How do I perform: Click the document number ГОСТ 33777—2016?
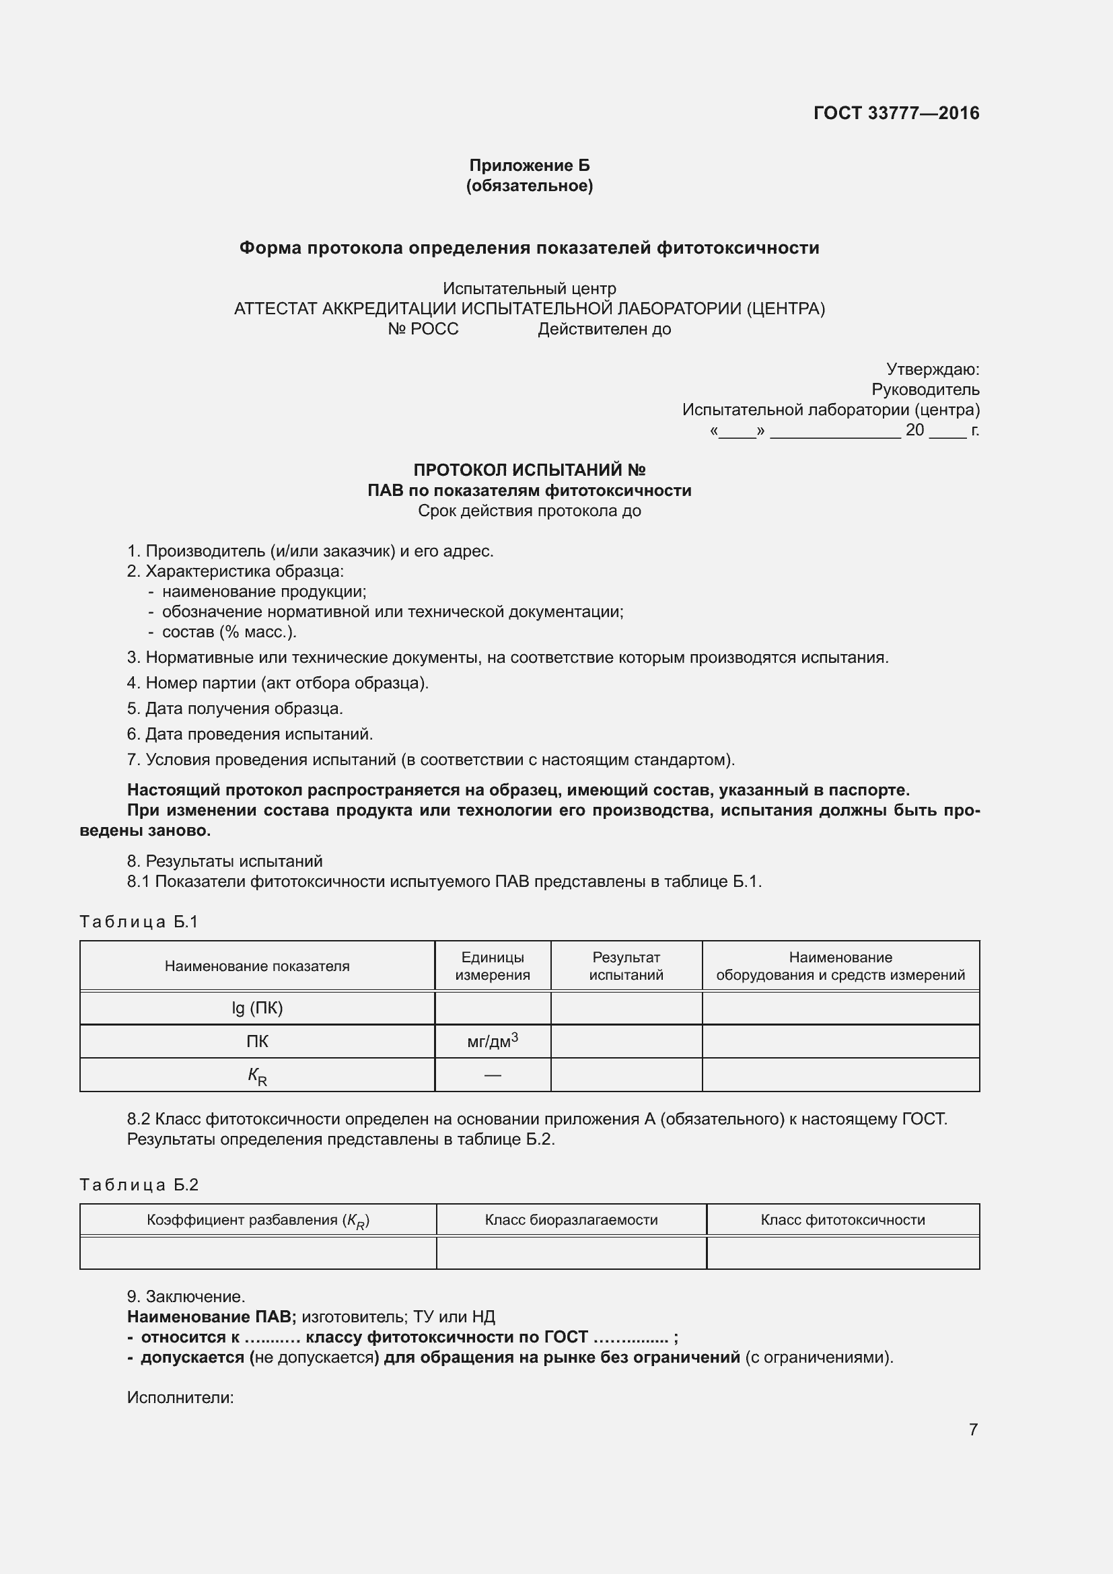click(x=896, y=113)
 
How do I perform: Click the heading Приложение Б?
click(x=529, y=166)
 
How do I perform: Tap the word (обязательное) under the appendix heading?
click(x=529, y=186)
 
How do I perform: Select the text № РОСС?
click(x=423, y=329)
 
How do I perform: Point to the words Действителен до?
click(x=604, y=329)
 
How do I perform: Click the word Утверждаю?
click(x=932, y=369)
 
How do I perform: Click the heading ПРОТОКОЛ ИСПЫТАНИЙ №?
click(x=529, y=470)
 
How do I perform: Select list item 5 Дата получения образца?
click(x=235, y=708)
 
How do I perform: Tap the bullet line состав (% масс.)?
click(x=229, y=631)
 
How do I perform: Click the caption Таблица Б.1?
click(x=139, y=922)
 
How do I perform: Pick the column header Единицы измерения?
click(x=492, y=966)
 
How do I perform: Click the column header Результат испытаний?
click(x=626, y=966)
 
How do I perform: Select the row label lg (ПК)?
click(x=257, y=1007)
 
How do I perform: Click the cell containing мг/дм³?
click(x=492, y=1041)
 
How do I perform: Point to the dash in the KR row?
click(x=492, y=1075)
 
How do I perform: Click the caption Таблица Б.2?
click(x=139, y=1185)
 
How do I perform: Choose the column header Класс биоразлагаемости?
click(x=571, y=1219)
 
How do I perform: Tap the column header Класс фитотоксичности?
click(x=842, y=1219)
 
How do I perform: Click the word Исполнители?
click(x=180, y=1398)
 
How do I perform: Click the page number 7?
click(x=972, y=1429)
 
